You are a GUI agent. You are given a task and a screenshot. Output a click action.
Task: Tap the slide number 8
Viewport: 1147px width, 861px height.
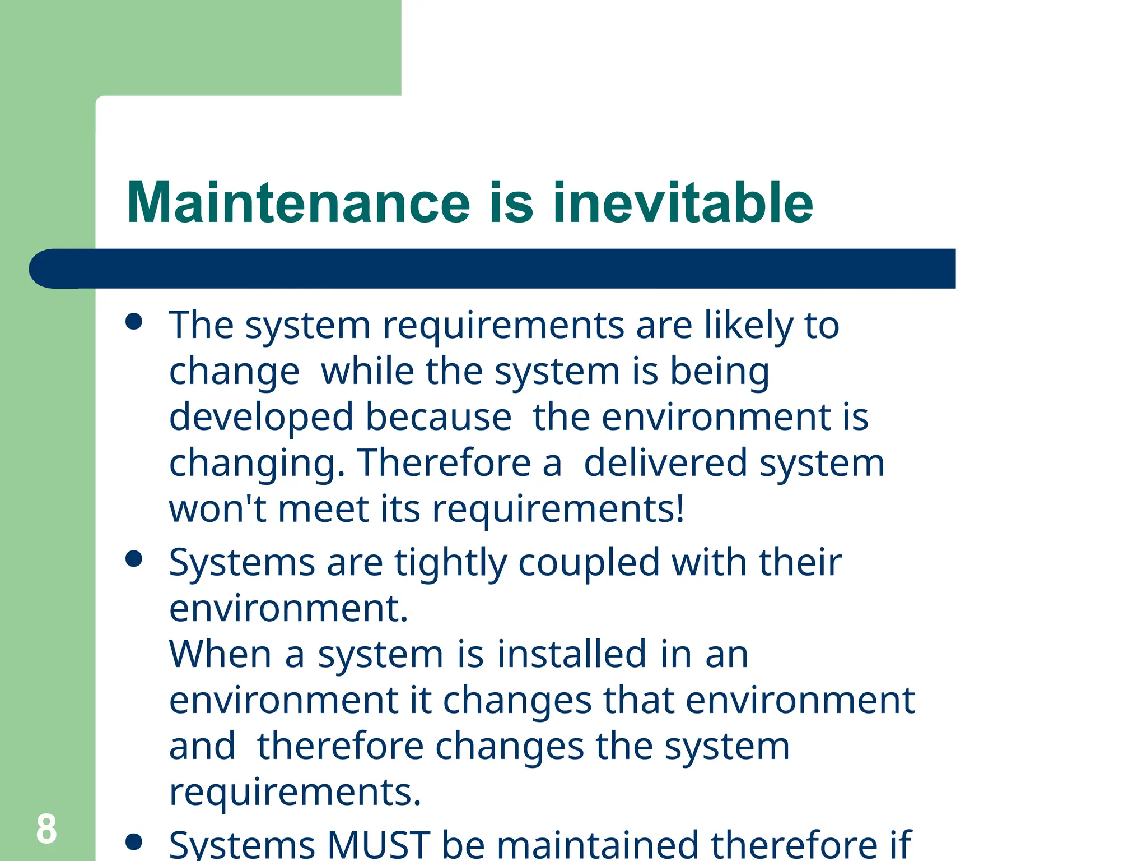click(46, 829)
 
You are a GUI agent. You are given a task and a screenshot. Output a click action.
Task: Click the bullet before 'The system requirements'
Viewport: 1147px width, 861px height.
click(134, 322)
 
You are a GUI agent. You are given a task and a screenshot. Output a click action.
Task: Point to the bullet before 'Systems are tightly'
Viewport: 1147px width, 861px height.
click(134, 559)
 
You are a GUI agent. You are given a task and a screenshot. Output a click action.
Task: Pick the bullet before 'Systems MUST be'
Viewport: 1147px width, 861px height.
click(134, 841)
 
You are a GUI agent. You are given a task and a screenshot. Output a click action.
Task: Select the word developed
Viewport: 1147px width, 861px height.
click(262, 418)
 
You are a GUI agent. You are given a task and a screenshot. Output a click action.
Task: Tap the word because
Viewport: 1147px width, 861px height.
click(439, 418)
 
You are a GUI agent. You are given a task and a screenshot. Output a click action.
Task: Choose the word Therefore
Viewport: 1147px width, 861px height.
click(444, 464)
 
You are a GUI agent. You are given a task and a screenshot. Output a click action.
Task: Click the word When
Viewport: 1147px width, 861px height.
click(221, 654)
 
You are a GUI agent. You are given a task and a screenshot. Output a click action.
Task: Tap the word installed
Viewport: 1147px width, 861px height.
click(572, 654)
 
